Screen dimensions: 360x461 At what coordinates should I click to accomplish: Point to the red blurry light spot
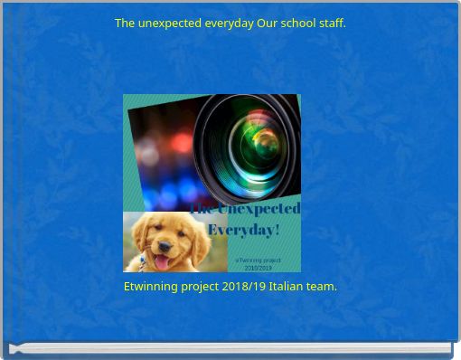click(x=182, y=143)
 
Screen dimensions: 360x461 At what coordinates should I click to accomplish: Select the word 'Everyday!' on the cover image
click(x=243, y=230)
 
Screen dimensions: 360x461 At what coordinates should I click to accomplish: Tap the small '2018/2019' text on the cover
click(x=258, y=268)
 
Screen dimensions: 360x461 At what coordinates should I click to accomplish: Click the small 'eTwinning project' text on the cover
click(x=258, y=261)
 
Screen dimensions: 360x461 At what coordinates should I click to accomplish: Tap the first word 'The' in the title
click(x=125, y=23)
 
